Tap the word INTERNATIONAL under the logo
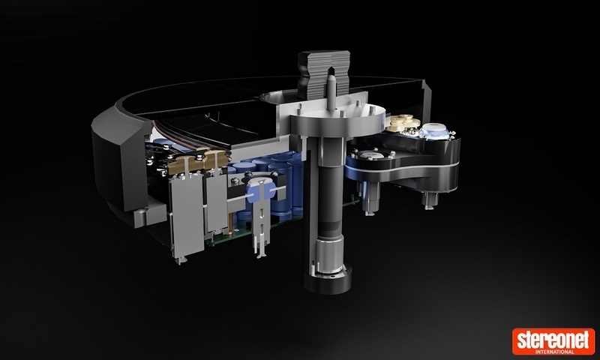coord(554,351)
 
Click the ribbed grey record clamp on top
coord(324,73)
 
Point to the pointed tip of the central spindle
coord(330,77)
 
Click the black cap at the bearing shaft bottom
coord(328,281)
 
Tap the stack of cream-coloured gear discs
coord(402,123)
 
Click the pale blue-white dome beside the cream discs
coord(434,130)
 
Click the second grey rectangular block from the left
coord(216,202)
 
